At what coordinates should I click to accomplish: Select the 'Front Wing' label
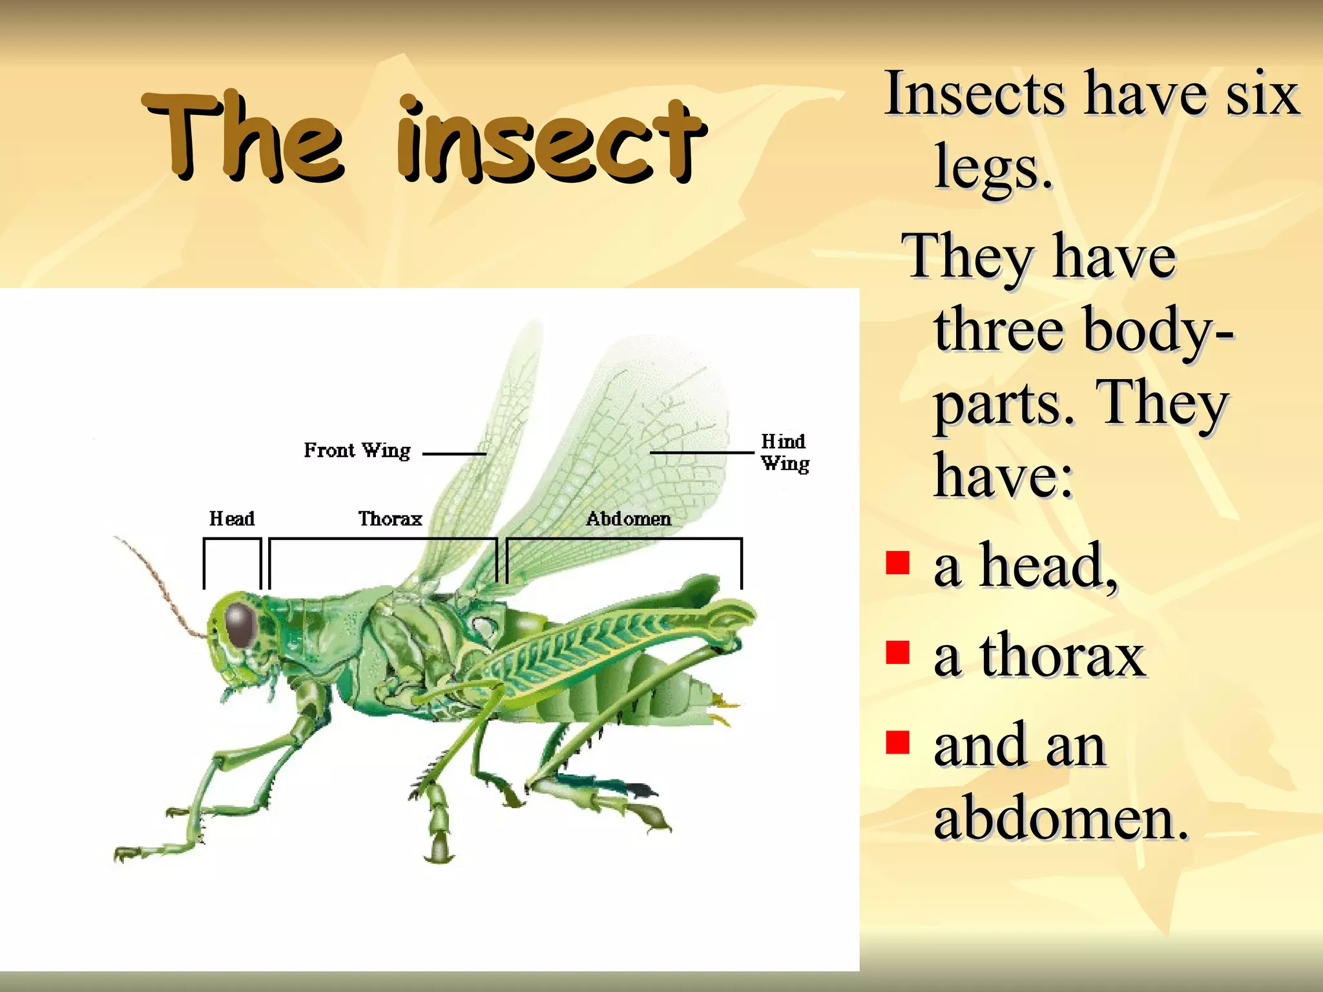point(357,450)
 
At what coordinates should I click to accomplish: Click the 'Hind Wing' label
point(784,452)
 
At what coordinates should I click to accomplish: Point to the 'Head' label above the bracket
point(232,519)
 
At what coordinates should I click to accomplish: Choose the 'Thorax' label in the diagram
point(390,519)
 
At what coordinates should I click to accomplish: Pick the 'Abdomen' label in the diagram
point(628,519)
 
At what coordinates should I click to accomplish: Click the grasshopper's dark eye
point(240,625)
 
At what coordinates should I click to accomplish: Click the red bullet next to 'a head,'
point(897,563)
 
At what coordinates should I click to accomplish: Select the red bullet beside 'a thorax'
point(897,652)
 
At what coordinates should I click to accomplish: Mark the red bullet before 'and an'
point(897,742)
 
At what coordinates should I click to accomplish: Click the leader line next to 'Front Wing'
point(453,454)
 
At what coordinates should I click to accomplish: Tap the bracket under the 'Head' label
point(233,539)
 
